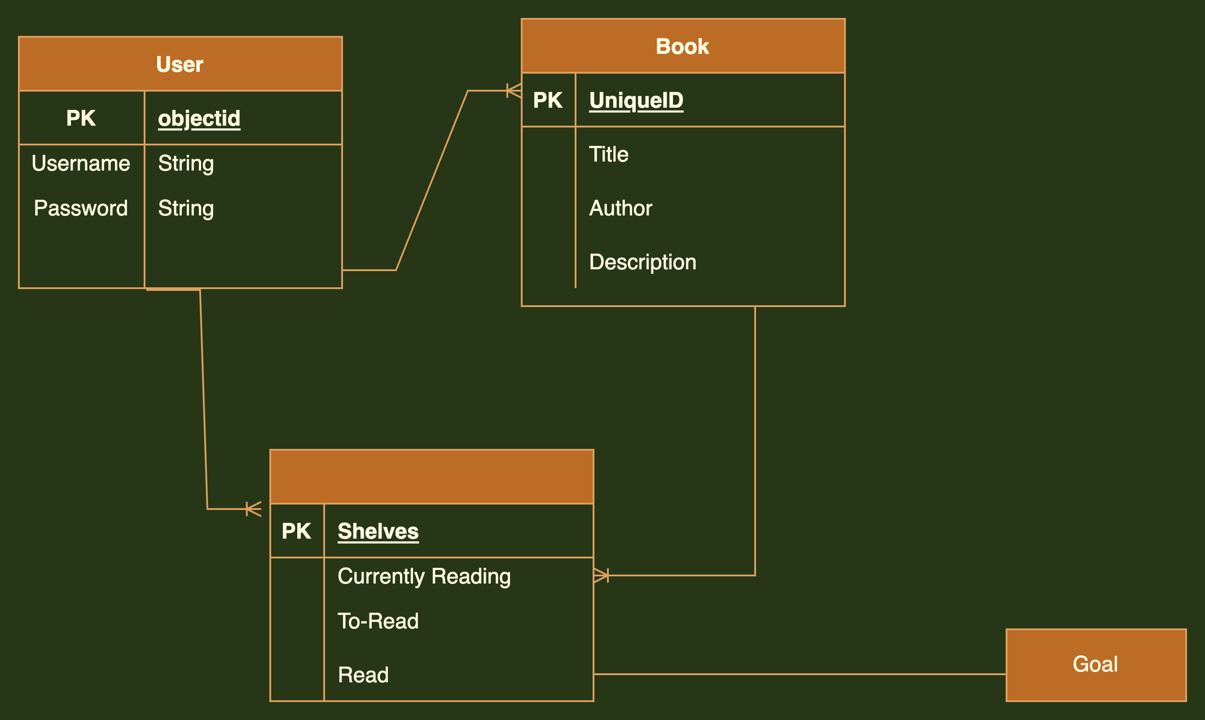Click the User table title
pyautogui.click(x=180, y=65)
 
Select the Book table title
pyautogui.click(x=682, y=47)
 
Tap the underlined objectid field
pyautogui.click(x=199, y=119)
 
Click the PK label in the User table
pyautogui.click(x=81, y=119)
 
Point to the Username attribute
pyautogui.click(x=81, y=163)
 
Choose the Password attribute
pyautogui.click(x=81, y=208)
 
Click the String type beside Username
pyautogui.click(x=186, y=163)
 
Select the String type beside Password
pyautogui.click(x=186, y=208)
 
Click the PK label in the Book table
pyautogui.click(x=548, y=101)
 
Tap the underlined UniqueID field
pyautogui.click(x=636, y=101)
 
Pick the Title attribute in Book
pyautogui.click(x=608, y=154)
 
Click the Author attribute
pyautogui.click(x=620, y=208)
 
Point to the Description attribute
pyautogui.click(x=642, y=262)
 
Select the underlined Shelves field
pyautogui.click(x=378, y=531)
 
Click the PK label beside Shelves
pyautogui.click(x=296, y=531)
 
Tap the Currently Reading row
pyautogui.click(x=424, y=576)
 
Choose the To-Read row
pyautogui.click(x=378, y=621)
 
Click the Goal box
pyautogui.click(x=1095, y=665)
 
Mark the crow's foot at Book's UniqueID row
pyautogui.click(x=514, y=91)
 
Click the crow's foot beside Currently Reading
pyautogui.click(x=602, y=575)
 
